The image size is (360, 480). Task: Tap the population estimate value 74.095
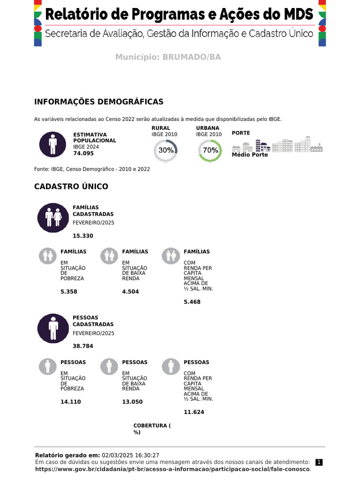point(83,153)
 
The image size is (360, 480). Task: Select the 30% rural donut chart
point(166,150)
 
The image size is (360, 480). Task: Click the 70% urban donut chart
point(210,150)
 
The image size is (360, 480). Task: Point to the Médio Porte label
point(250,155)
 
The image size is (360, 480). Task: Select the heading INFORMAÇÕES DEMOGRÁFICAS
point(99,102)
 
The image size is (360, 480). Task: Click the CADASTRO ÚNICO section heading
point(71,187)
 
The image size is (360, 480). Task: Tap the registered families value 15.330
point(83,236)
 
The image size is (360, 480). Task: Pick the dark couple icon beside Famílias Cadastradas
point(53,218)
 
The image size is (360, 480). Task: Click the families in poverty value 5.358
point(69,292)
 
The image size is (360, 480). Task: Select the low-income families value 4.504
point(130,292)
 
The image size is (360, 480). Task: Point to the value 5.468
point(192,302)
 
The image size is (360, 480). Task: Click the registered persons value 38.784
point(83,346)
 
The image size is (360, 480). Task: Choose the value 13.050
point(132,402)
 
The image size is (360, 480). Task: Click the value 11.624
point(194,412)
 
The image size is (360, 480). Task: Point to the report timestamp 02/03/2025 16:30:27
point(130,455)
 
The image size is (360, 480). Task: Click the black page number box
point(319,462)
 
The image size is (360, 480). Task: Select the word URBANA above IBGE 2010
point(208,128)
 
